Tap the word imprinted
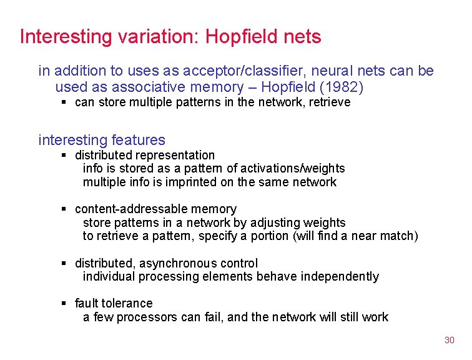165,182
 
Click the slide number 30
449,340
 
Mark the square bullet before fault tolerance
64,303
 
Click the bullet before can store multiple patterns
64,102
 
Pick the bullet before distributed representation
64,155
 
